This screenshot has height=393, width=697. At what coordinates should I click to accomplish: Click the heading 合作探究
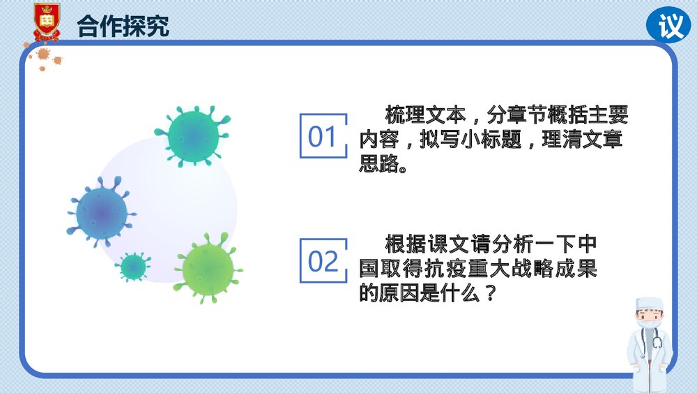click(123, 26)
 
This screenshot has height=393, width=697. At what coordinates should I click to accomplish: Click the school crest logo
click(47, 21)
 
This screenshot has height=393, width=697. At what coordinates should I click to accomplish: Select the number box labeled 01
click(323, 136)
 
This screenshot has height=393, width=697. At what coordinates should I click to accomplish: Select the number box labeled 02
click(323, 260)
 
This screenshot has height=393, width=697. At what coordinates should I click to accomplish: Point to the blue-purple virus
click(102, 212)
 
